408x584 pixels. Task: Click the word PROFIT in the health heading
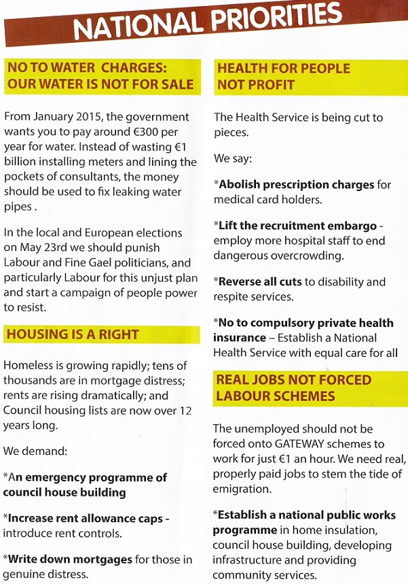point(270,86)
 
